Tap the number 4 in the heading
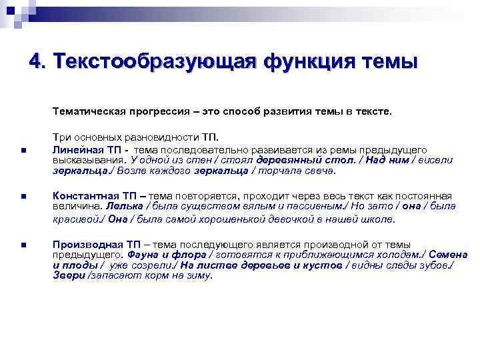36,62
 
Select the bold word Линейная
77,150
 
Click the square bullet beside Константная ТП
23,197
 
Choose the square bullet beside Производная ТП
23,245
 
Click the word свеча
321,170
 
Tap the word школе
379,218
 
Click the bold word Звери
68,275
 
